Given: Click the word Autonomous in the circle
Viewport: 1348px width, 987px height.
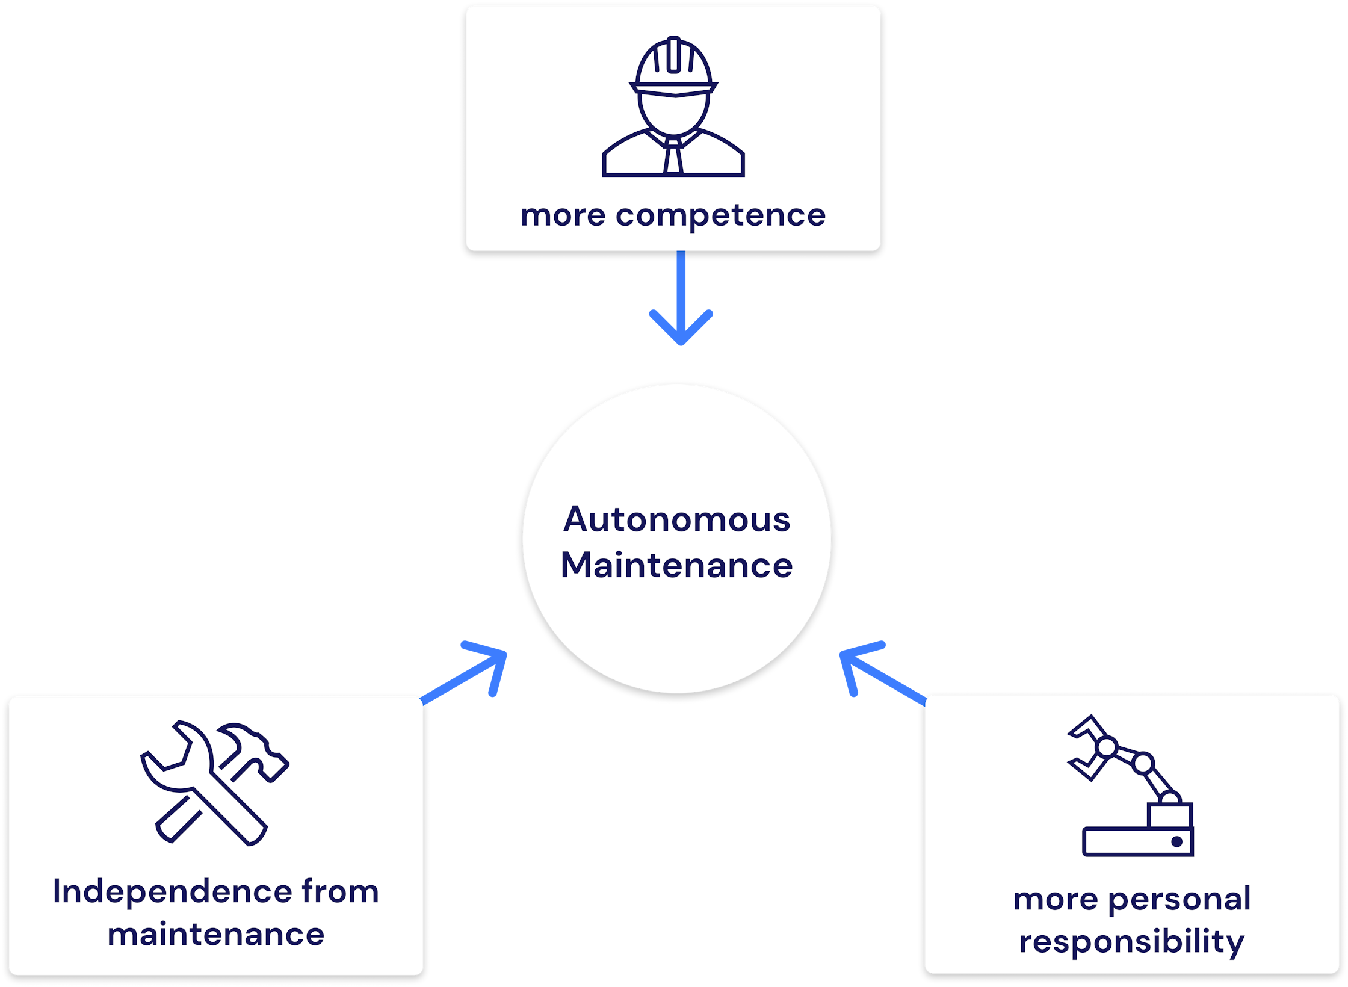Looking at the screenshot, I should tap(676, 519).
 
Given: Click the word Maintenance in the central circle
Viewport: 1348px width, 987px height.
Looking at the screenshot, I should tap(676, 566).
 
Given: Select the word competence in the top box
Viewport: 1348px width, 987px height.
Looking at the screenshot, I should tap(720, 215).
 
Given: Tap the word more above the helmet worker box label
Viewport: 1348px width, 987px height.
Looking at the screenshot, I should tap(563, 215).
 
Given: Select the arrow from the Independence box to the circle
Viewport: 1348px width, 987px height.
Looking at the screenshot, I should tap(466, 673).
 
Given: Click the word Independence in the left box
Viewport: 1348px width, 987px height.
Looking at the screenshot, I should tap(172, 891).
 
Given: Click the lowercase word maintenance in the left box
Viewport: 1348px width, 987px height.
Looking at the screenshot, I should tap(215, 935).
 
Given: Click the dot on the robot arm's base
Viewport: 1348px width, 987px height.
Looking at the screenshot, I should tap(1176, 842).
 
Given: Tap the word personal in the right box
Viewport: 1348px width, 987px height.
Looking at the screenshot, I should tap(1179, 899).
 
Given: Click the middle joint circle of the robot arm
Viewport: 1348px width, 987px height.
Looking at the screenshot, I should tap(1143, 764).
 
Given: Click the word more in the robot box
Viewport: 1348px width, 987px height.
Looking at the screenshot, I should tap(1056, 899).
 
